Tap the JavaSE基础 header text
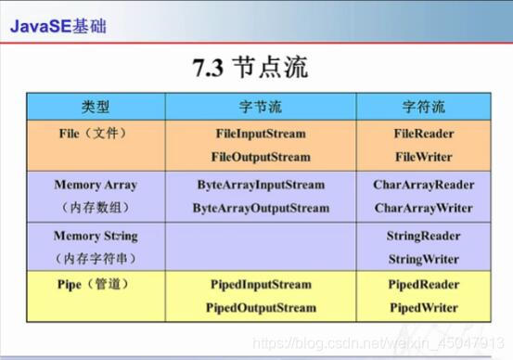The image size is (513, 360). click(x=58, y=25)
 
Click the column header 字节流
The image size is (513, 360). click(x=259, y=107)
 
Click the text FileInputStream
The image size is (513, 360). click(x=260, y=135)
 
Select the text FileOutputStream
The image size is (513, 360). click(x=260, y=157)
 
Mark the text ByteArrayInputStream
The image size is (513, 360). click(x=261, y=186)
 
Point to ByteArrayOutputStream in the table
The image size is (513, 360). click(x=261, y=208)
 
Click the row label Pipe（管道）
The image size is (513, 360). click(x=89, y=283)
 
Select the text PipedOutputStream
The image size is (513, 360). click(x=260, y=307)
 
